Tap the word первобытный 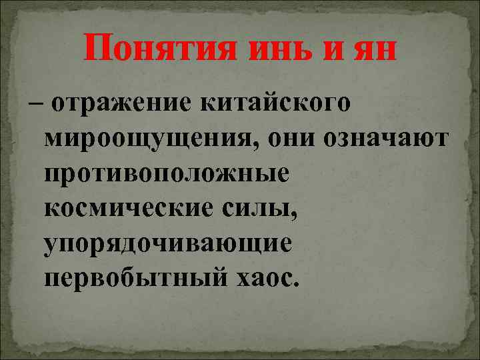click(135, 277)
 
